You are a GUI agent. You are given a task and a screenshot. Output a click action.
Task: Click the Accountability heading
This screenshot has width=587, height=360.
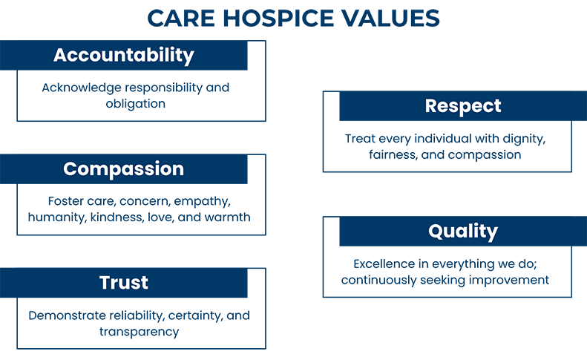click(123, 56)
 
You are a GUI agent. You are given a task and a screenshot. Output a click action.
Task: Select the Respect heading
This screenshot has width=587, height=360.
click(463, 106)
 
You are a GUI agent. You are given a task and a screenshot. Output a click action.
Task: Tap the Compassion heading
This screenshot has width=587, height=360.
click(123, 168)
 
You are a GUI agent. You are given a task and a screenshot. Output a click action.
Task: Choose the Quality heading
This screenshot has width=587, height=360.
click(463, 232)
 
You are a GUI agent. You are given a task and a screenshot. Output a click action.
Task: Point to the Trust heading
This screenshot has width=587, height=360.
click(124, 283)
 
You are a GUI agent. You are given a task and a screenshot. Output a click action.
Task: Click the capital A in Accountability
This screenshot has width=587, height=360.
click(61, 56)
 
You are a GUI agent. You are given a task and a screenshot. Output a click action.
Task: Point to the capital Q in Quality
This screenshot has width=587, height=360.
click(437, 232)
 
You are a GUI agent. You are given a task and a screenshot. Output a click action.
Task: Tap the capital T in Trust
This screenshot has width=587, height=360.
click(105, 283)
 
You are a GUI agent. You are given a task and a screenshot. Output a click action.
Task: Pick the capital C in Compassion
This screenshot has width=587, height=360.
click(71, 168)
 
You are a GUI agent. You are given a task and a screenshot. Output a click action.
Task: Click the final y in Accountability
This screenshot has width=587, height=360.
click(188, 58)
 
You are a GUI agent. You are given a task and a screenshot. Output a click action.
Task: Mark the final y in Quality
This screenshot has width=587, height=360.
click(492, 234)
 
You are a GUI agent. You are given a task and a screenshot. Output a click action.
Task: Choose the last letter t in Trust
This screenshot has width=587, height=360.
click(145, 283)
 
